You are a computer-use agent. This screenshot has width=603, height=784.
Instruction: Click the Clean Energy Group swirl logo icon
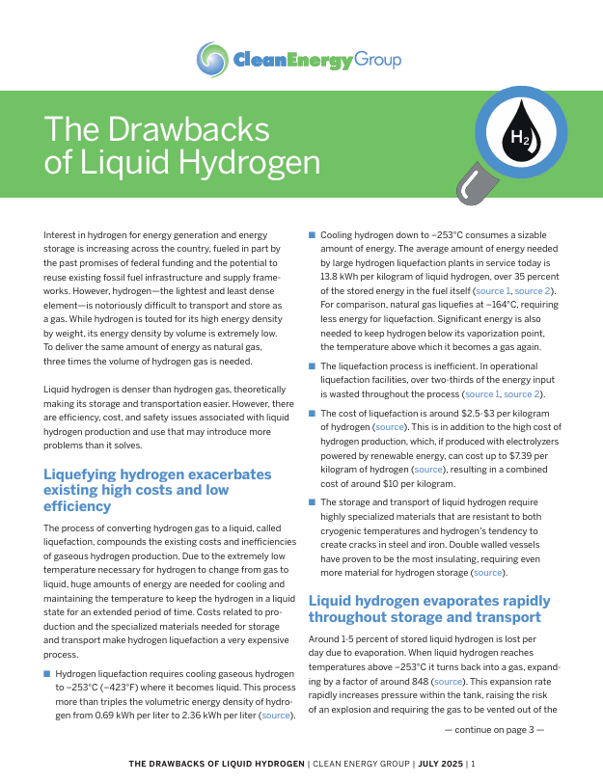[x=212, y=60]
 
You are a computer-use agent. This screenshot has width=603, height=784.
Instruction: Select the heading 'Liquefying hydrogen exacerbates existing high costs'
[x=158, y=489]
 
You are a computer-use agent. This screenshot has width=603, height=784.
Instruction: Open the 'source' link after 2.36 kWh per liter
[x=276, y=716]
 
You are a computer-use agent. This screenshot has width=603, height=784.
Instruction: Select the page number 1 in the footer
[x=473, y=764]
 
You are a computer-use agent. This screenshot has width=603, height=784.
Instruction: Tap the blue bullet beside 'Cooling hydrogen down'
[x=312, y=235]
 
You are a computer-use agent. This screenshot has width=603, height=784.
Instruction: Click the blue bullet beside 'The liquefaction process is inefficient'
[x=312, y=366]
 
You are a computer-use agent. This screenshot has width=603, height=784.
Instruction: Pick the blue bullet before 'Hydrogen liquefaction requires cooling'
[x=47, y=674]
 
